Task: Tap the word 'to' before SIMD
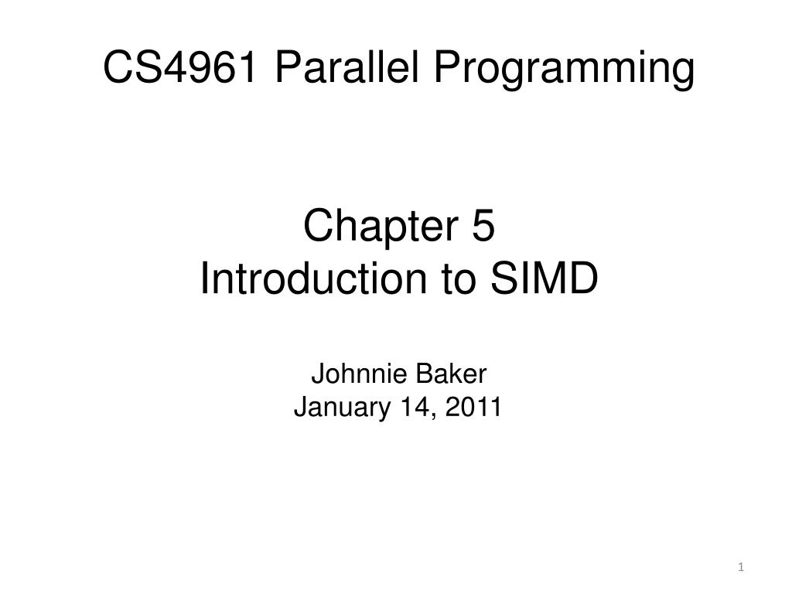click(x=460, y=279)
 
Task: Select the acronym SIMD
click(x=542, y=279)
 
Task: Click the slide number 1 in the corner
click(x=741, y=568)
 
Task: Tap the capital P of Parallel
click(x=286, y=68)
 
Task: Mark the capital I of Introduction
click(x=204, y=279)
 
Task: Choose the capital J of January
click(x=300, y=406)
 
